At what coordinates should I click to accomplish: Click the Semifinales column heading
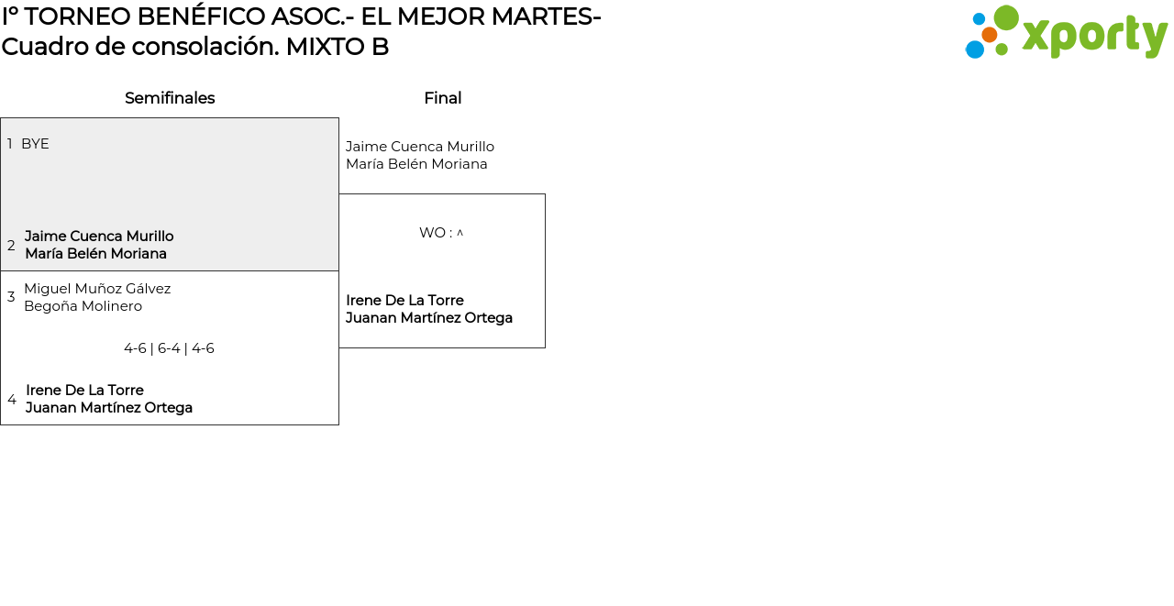(170, 98)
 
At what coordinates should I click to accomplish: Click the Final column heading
(442, 98)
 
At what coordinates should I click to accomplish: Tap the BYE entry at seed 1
(35, 144)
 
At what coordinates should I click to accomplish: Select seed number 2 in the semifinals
(11, 246)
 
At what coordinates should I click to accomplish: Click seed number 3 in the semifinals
(11, 297)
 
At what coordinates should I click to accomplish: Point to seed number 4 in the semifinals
(12, 400)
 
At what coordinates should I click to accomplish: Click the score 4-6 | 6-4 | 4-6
(169, 348)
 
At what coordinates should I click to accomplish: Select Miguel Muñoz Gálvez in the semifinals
(97, 289)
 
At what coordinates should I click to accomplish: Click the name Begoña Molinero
(83, 306)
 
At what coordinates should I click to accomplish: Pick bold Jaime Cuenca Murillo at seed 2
(99, 237)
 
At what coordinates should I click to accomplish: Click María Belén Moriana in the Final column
(416, 164)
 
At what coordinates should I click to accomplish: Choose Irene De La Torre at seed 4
(84, 391)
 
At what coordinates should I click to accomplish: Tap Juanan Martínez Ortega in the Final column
(429, 318)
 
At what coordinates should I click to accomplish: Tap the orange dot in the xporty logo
(990, 35)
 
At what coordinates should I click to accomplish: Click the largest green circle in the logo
(1006, 17)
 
